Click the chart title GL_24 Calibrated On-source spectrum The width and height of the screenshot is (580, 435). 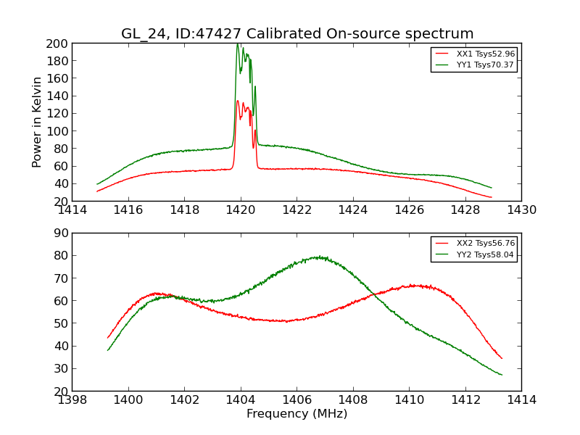click(297, 33)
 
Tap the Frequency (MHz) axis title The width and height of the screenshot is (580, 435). click(297, 414)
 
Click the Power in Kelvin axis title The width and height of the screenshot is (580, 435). click(38, 122)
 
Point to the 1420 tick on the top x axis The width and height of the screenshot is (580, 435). click(241, 210)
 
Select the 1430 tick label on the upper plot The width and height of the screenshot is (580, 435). click(521, 210)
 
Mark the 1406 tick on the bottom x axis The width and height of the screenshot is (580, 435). click(297, 399)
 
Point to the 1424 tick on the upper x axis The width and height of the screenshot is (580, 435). click(353, 210)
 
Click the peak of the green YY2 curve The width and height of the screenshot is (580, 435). click(318, 257)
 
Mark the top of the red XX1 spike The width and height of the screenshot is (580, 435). click(237, 101)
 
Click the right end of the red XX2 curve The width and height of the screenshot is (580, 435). click(502, 358)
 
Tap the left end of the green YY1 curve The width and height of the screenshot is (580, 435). click(97, 184)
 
